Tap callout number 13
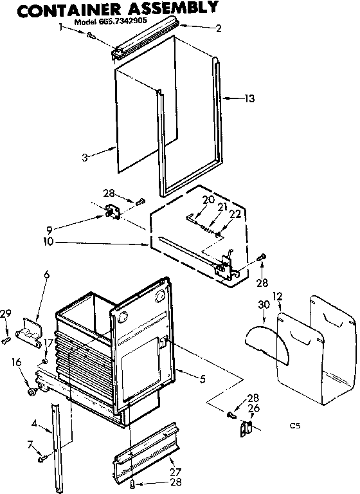[x=249, y=98]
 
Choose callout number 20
[x=208, y=199]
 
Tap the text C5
[x=295, y=425]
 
